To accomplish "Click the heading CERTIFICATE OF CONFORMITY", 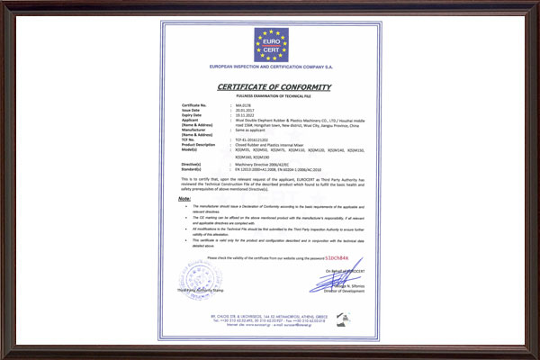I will coord(270,86).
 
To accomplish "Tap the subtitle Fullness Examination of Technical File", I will coord(270,95).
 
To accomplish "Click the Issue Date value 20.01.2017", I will coord(244,111).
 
